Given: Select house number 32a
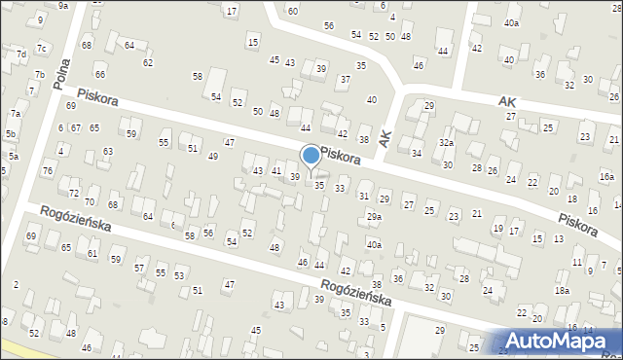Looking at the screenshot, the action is click(x=446, y=142).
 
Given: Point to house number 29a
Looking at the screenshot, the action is click(x=375, y=216).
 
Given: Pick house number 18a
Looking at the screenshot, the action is click(x=562, y=291).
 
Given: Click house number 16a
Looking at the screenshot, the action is click(x=606, y=176).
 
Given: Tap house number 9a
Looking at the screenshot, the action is click(x=63, y=5).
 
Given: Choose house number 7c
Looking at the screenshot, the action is click(x=41, y=48).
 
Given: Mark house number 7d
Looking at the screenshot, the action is click(x=20, y=54).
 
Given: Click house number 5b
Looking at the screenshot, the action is click(x=10, y=133).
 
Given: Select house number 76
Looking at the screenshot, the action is click(x=48, y=171).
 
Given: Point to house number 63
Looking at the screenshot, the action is click(x=107, y=151).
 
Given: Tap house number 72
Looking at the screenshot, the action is click(x=74, y=182).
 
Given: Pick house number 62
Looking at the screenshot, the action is click(x=148, y=62).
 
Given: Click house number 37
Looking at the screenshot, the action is click(x=345, y=79).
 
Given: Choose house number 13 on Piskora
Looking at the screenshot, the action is click(x=558, y=238).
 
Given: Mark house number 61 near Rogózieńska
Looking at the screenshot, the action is click(x=92, y=253).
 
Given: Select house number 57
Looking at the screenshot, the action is click(x=139, y=267).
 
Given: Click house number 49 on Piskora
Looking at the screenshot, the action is click(x=212, y=156).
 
